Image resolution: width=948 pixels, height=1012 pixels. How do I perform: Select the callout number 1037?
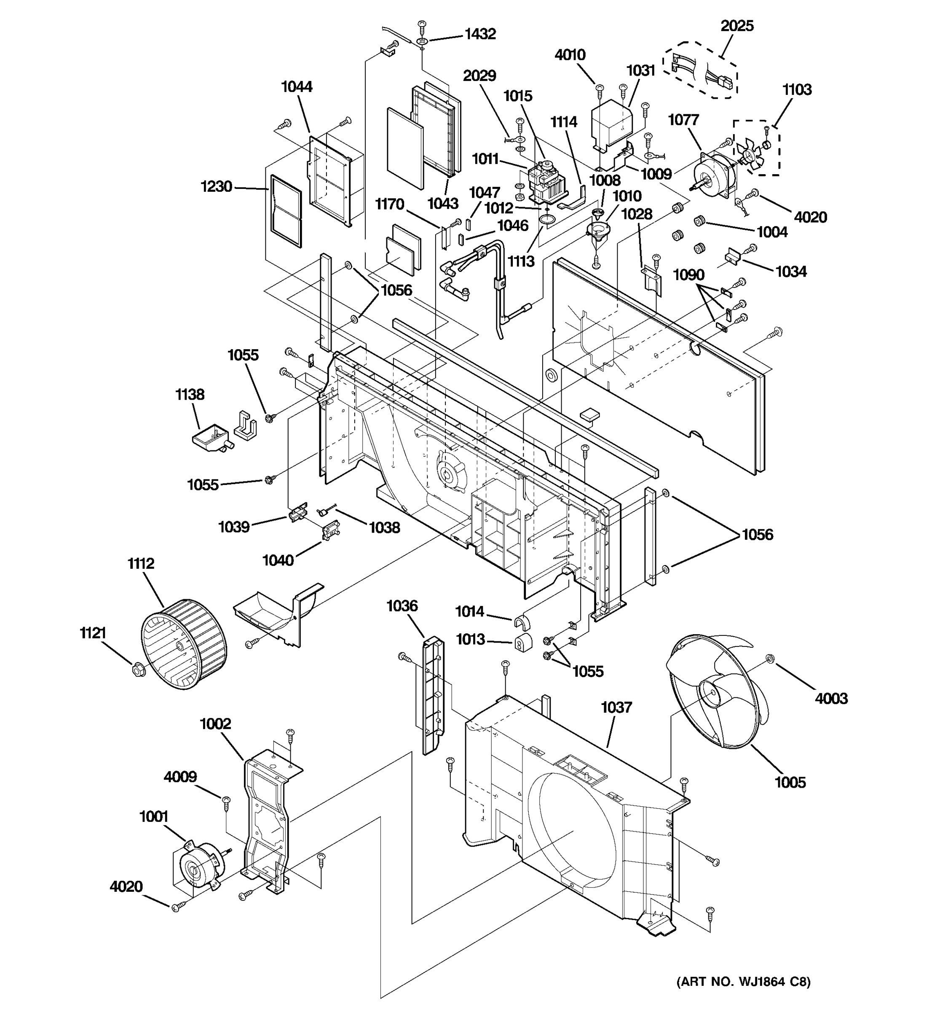[x=616, y=707]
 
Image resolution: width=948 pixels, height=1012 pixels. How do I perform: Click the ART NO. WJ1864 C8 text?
[x=743, y=982]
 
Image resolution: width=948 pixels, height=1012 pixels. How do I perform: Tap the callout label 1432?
[x=479, y=34]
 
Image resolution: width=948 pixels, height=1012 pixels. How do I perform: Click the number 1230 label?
[x=216, y=187]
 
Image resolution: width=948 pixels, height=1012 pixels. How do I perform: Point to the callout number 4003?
[x=831, y=698]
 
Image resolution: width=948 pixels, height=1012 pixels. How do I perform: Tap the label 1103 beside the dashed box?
[x=797, y=89]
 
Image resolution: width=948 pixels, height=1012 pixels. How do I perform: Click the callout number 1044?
[x=297, y=86]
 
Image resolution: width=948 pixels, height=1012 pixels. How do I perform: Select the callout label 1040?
[x=278, y=560]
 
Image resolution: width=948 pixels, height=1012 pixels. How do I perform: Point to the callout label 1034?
[x=791, y=272]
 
